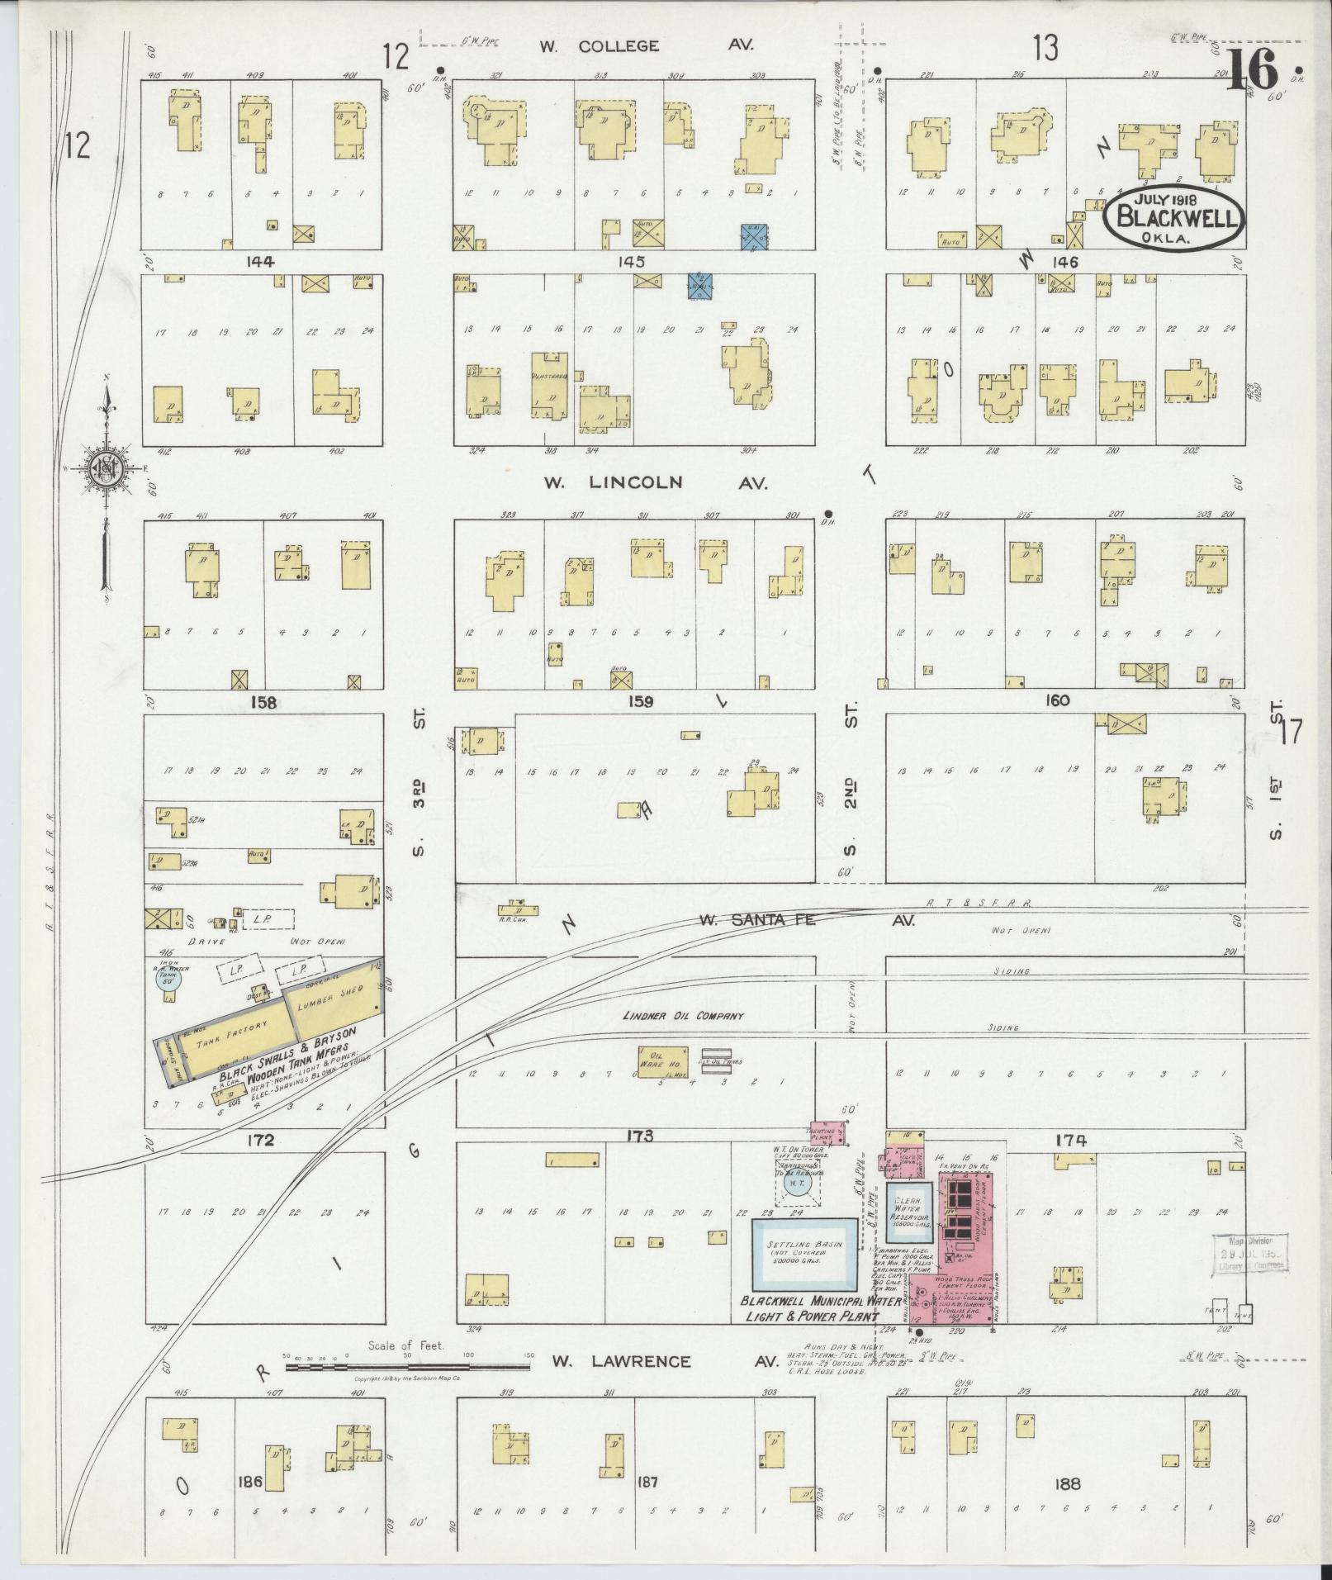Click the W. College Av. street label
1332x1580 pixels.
tap(647, 46)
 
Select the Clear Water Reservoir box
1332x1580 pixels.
tap(911, 1218)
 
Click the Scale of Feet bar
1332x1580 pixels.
tap(410, 1367)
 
